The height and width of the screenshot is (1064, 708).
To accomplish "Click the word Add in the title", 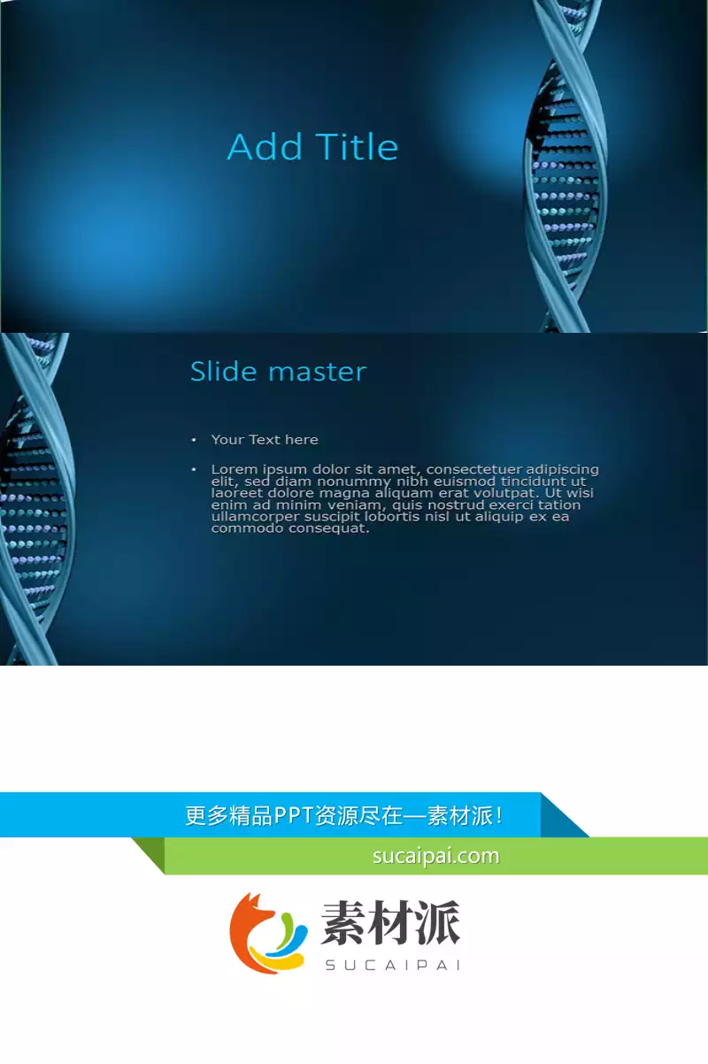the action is click(265, 146).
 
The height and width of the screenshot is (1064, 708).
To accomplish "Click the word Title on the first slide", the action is click(357, 146).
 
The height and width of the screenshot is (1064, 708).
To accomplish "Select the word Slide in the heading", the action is click(224, 371).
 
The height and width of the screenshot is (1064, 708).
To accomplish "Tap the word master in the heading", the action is click(318, 372).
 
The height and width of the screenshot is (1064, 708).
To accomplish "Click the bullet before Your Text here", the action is click(194, 440).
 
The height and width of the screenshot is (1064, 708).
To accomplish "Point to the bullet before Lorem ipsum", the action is click(194, 470).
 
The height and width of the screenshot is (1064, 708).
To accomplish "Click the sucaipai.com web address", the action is click(436, 856).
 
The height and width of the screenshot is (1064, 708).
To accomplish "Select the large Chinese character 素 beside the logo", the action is click(344, 922).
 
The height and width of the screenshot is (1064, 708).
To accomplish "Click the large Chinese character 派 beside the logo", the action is click(437, 922).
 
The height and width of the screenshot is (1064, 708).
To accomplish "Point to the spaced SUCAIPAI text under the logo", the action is click(393, 965).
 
